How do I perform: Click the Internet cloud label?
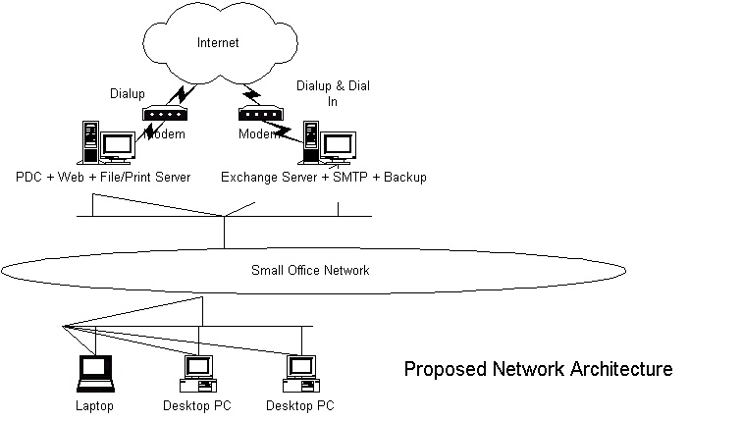pos(218,42)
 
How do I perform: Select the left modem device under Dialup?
pos(165,113)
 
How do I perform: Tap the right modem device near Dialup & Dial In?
pos(261,113)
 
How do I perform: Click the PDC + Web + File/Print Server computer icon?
pos(106,142)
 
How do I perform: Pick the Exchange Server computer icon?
pos(330,142)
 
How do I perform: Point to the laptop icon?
pos(95,374)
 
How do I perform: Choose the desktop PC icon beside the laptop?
pos(198,374)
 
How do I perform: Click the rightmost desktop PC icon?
pos(301,374)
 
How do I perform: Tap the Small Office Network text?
pos(310,270)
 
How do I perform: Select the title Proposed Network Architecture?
pos(539,368)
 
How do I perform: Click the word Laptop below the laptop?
pos(94,406)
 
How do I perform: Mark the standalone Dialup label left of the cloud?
pos(128,93)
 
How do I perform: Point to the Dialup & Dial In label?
pos(333,93)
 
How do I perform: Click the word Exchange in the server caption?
pos(251,177)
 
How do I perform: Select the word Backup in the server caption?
pos(405,177)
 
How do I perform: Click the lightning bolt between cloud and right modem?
pos(251,94)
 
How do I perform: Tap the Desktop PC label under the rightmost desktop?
pos(300,406)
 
